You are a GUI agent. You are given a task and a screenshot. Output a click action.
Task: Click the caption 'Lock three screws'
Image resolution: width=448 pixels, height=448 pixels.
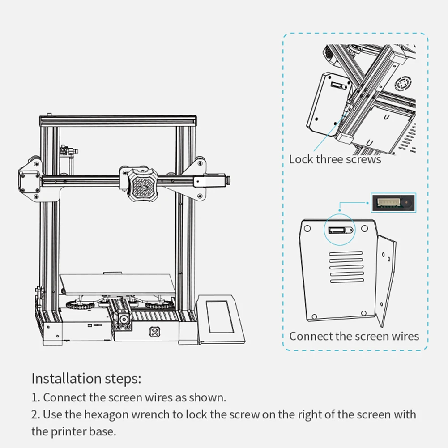point(335,159)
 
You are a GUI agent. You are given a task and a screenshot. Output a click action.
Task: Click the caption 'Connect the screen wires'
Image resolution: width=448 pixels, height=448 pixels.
point(354,336)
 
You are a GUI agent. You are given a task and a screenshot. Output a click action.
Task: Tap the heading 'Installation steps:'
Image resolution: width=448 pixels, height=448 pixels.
point(86,379)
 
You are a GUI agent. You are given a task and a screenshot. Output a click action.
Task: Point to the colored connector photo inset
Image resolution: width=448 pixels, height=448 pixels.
point(393,203)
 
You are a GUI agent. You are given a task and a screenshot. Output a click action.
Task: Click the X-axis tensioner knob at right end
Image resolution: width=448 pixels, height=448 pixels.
point(229,180)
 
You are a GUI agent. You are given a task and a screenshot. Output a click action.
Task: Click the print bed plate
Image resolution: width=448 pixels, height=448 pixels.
point(118,284)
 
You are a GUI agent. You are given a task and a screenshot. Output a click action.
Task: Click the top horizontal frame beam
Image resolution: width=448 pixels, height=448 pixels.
point(119,120)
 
